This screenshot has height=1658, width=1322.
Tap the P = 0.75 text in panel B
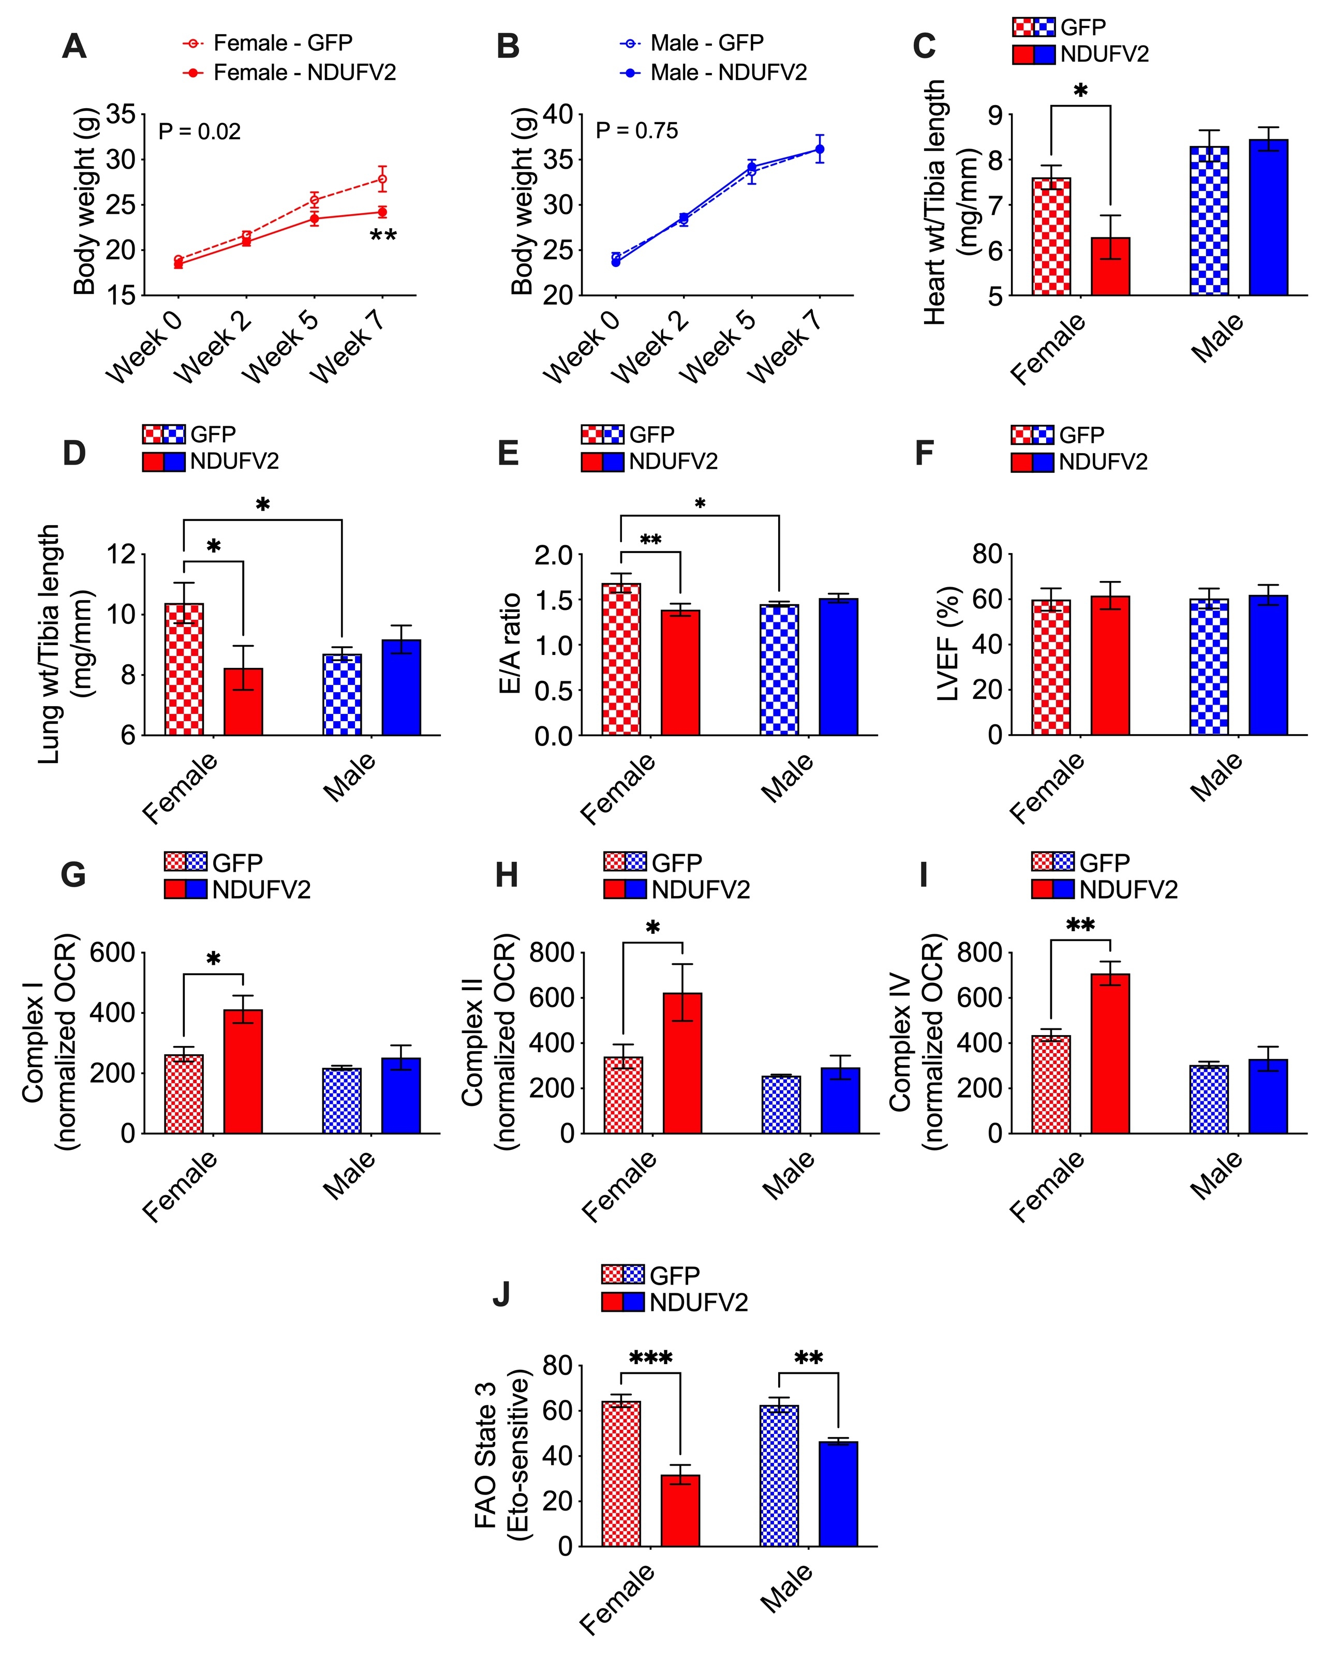(x=637, y=131)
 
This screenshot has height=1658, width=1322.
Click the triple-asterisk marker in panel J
(x=650, y=1358)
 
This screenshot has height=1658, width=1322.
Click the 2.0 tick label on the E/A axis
(x=554, y=555)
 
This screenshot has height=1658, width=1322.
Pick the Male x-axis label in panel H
(x=788, y=1174)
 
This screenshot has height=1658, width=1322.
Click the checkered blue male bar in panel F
(x=1209, y=667)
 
